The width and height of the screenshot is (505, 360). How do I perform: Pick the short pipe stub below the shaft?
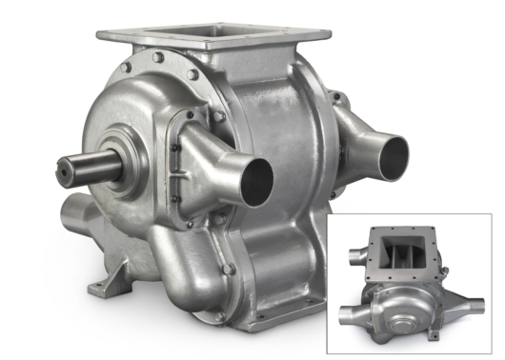(x=79, y=212)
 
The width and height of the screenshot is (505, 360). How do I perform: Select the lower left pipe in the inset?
(x=347, y=310)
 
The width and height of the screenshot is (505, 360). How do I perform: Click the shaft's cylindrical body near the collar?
(x=95, y=170)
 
